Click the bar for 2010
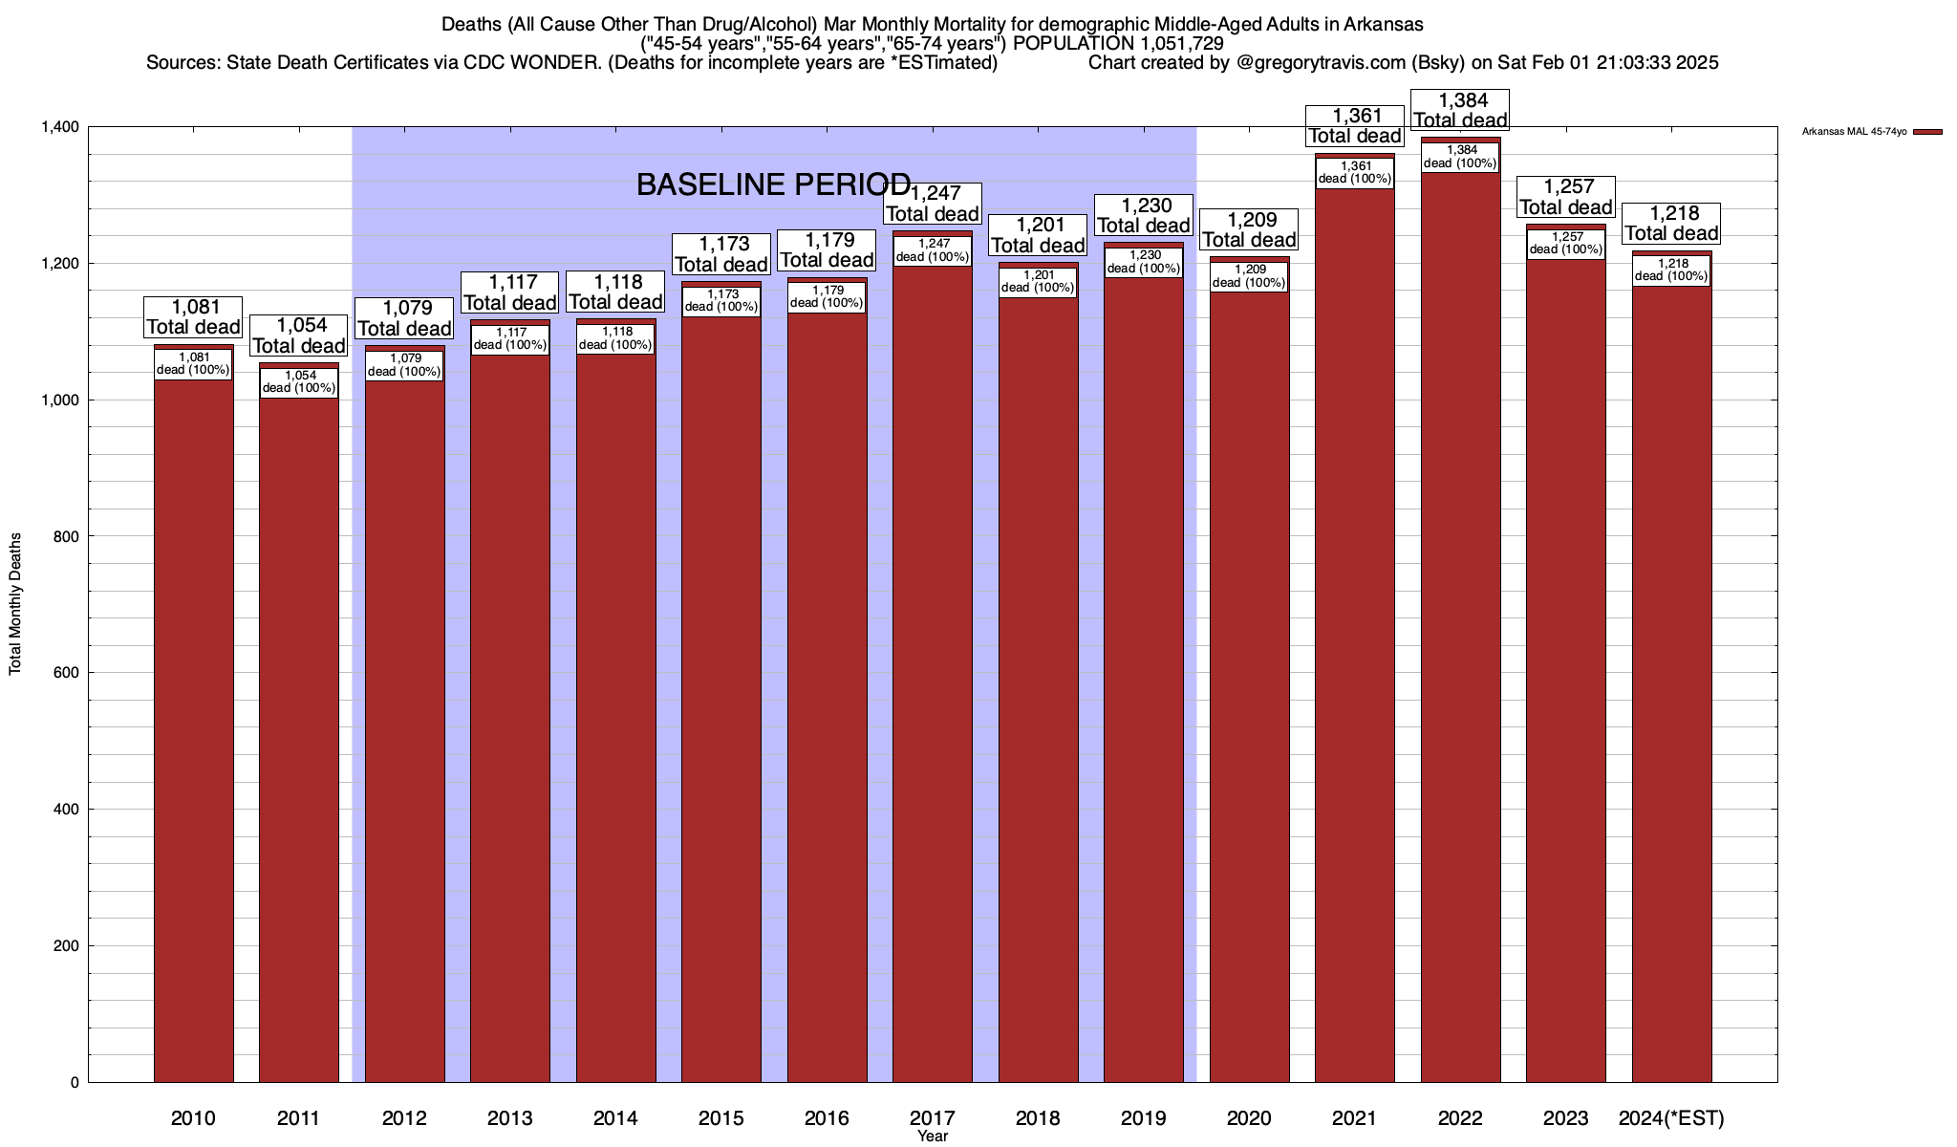click(x=193, y=726)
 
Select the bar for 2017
click(x=933, y=669)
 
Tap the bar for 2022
click(x=1460, y=621)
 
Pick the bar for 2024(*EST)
click(x=1671, y=688)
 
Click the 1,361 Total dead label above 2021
click(x=1355, y=126)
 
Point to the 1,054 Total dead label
click(x=299, y=335)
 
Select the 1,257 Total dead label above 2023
click(x=1566, y=197)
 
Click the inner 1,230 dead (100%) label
click(x=1144, y=262)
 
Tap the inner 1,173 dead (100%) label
click(x=721, y=300)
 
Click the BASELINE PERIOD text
click(x=773, y=184)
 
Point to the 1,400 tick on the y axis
click(x=60, y=127)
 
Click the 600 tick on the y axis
click(x=67, y=673)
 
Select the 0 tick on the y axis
click(x=74, y=1083)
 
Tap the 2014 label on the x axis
click(x=615, y=1118)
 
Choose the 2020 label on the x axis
click(x=1249, y=1118)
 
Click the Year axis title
click(x=933, y=1136)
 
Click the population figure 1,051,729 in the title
click(x=1182, y=43)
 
